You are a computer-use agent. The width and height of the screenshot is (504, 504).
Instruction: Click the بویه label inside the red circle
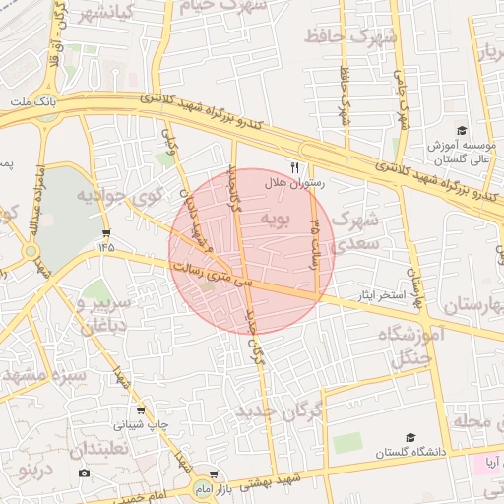click(x=279, y=219)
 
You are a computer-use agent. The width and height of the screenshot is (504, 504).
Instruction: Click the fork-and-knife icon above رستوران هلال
click(x=294, y=167)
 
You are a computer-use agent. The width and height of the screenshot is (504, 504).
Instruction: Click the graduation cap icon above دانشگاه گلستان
click(x=410, y=437)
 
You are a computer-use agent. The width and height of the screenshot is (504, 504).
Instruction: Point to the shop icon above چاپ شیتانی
click(x=141, y=410)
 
